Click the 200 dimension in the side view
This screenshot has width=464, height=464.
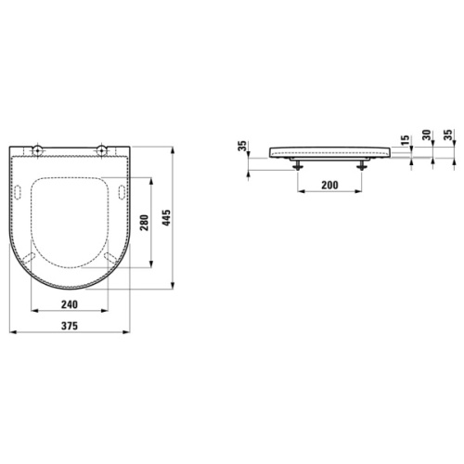[329, 186]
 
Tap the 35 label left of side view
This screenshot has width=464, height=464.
[242, 145]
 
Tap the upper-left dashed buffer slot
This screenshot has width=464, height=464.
[19, 189]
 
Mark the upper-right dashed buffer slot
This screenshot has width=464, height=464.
[122, 189]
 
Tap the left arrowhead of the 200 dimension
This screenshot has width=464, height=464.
[300, 193]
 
